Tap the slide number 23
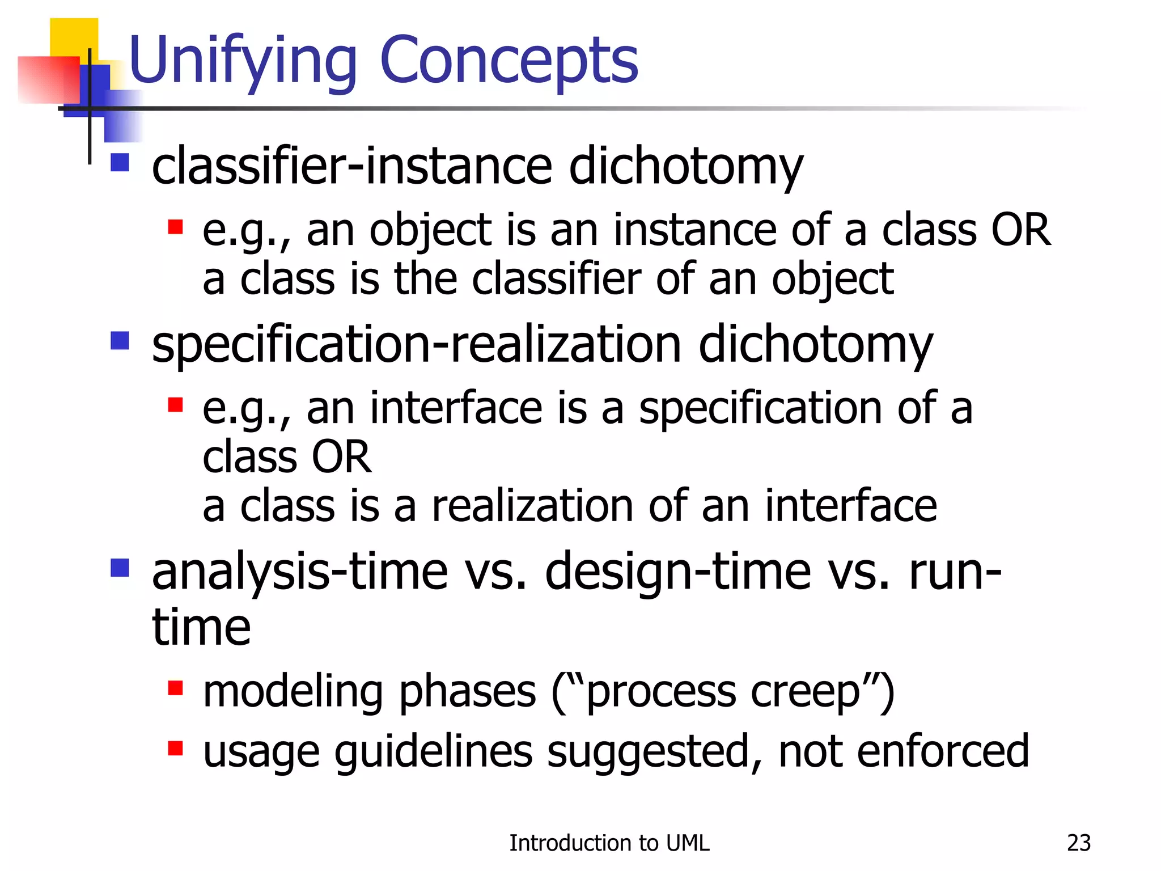click(1078, 843)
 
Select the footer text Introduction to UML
click(609, 843)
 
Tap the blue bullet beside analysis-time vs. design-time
click(120, 567)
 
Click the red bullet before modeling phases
click(175, 688)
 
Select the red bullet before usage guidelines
click(175, 748)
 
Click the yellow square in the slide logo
click(74, 37)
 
